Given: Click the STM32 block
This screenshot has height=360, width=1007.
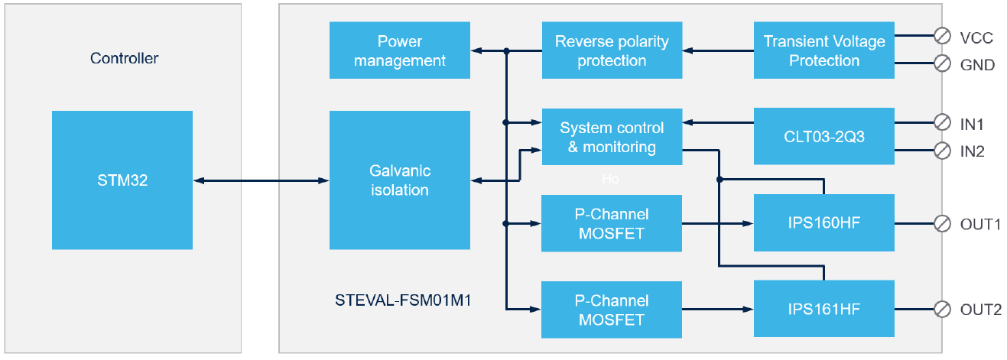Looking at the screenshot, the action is (x=122, y=180).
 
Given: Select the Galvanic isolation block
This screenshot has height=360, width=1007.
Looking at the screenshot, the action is (x=400, y=180).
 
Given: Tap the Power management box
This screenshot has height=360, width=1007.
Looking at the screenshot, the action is (x=400, y=50).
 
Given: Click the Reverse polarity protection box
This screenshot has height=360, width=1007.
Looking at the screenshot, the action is (x=612, y=50).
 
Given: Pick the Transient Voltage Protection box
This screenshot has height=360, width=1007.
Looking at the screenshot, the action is (x=824, y=50).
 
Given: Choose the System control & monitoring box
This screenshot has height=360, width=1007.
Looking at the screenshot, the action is (x=612, y=137).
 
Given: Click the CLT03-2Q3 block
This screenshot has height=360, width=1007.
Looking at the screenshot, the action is (x=824, y=136).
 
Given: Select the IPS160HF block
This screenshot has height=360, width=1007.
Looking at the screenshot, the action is (x=824, y=222).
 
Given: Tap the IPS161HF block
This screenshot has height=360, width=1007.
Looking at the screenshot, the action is (x=824, y=309).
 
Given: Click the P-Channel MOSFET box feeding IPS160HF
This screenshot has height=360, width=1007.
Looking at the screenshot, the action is (x=612, y=223).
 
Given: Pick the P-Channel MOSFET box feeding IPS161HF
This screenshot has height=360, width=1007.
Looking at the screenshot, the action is (x=612, y=310).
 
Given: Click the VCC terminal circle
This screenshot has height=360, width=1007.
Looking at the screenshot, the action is (x=942, y=35).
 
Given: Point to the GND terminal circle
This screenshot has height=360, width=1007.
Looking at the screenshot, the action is (x=942, y=63).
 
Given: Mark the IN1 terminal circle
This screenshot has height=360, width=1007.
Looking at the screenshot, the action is (x=942, y=122).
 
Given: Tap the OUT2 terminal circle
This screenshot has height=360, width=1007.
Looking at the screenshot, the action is (x=942, y=310).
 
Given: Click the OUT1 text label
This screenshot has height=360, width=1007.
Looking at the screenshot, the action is (x=980, y=224).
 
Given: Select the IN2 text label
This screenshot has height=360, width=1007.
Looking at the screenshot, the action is (x=973, y=151).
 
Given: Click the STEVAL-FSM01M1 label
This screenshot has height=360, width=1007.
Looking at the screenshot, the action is (x=403, y=300).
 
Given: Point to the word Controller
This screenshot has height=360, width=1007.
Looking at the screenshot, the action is (x=124, y=58).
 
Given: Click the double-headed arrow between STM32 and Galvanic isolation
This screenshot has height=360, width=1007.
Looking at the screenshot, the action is (x=261, y=180).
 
